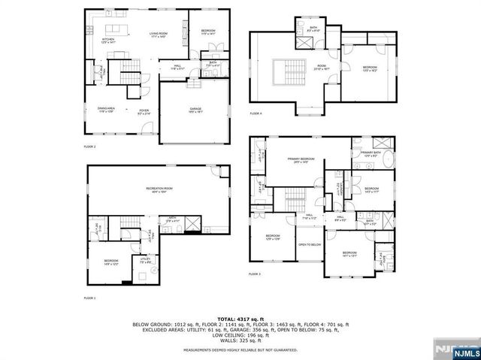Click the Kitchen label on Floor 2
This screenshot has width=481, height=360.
pos(108,39)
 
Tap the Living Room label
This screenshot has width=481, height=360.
pos(158,34)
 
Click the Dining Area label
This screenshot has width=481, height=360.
pos(106,110)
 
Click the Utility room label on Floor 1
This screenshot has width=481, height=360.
pos(146,260)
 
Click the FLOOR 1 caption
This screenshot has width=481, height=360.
pos(89,298)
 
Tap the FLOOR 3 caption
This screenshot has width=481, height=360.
pos(255,275)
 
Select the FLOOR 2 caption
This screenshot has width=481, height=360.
pos(89,146)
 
